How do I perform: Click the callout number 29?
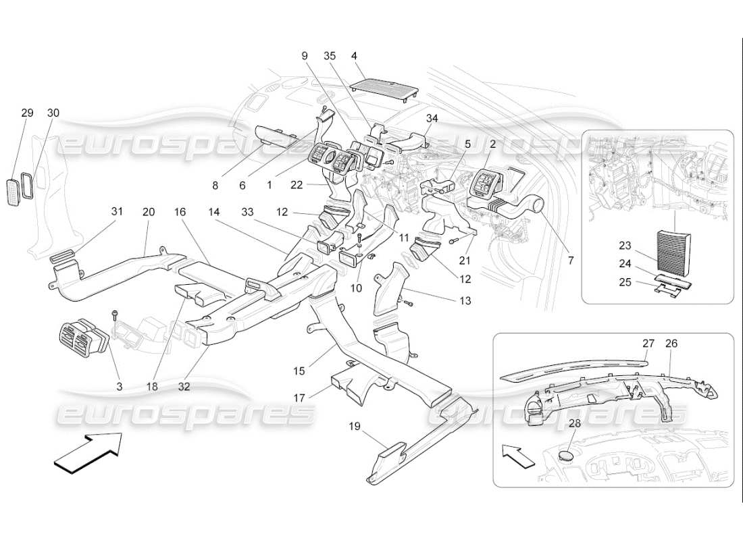coord(27,113)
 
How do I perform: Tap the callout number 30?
coord(53,113)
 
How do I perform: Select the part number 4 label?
coord(355,56)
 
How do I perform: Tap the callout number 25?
coord(625,281)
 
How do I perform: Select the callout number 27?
coord(648,344)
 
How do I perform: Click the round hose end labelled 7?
coord(540,202)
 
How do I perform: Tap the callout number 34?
coord(432,118)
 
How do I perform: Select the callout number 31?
coord(117,212)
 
